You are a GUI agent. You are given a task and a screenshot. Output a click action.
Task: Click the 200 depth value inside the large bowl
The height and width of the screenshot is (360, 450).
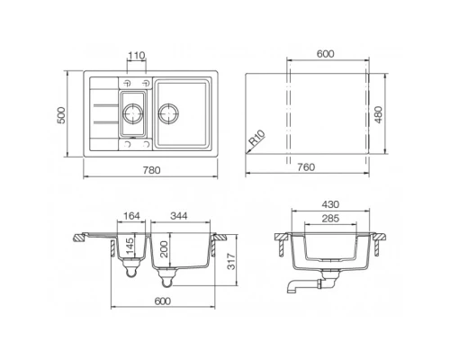pyautogui.click(x=163, y=249)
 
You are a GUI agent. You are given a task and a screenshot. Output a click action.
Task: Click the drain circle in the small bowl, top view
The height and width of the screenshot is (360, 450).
pyautogui.click(x=133, y=114)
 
